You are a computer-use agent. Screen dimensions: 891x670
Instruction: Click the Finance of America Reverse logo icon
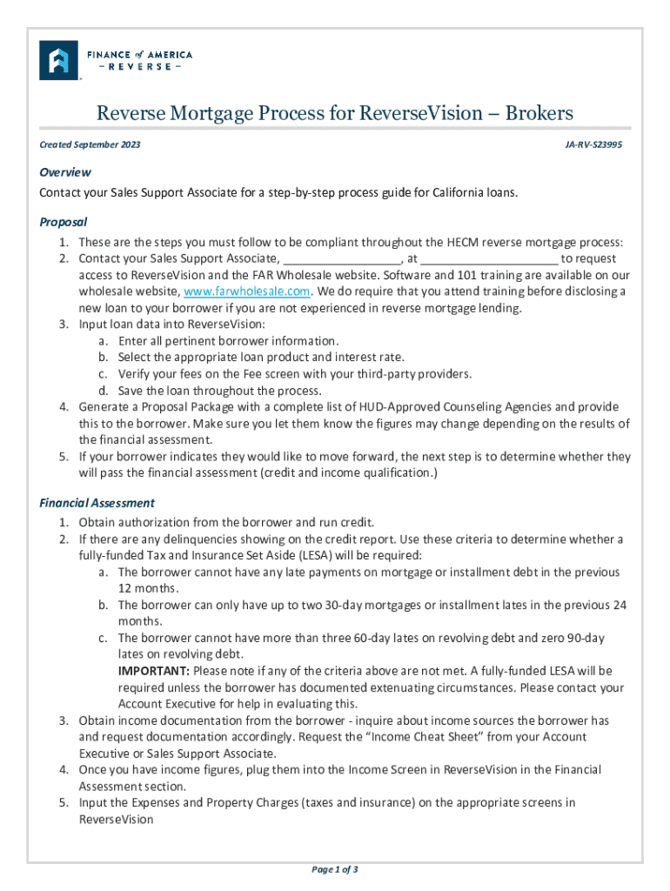pos(59,60)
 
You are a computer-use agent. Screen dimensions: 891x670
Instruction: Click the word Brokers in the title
pos(539,113)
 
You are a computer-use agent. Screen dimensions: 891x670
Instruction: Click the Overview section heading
pos(65,172)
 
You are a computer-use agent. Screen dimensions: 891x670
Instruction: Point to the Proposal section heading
pos(64,222)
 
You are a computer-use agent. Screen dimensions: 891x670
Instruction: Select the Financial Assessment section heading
pos(97,502)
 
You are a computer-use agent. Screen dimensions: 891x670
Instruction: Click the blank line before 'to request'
pos(489,258)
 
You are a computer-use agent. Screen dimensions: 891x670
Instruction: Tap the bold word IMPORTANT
pos(154,671)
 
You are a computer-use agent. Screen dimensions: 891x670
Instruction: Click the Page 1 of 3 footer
pos(335,869)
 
